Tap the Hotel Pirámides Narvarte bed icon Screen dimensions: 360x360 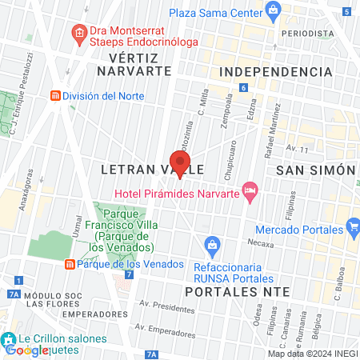point(250,190)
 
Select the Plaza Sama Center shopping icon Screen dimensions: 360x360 point(274,10)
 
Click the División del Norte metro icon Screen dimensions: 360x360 point(54,95)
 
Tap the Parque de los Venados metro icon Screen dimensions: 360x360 point(70,265)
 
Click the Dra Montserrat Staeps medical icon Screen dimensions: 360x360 point(78,33)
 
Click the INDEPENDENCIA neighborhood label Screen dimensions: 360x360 point(274,72)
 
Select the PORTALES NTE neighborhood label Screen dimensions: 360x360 point(234,291)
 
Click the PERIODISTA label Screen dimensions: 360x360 point(307,34)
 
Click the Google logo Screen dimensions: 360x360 point(26,350)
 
